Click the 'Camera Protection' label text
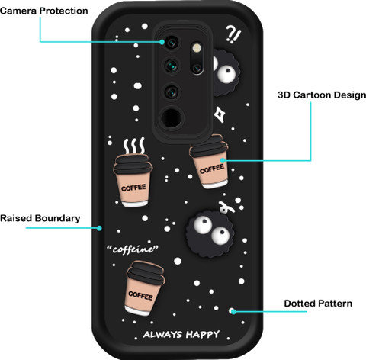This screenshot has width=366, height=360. tap(44, 11)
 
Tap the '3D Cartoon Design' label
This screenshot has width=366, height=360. tap(322, 95)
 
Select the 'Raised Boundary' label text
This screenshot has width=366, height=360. tap(40, 218)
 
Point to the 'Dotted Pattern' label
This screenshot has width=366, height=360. tap(318, 304)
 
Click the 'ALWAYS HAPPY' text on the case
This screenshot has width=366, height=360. tap(181, 335)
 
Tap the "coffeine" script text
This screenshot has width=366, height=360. tap(133, 249)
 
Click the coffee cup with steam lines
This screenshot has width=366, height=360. tap(133, 180)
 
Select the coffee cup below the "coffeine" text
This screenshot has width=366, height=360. tap(144, 288)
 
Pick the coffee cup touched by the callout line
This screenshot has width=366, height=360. tap(209, 162)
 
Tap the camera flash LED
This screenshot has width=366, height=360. tap(197, 48)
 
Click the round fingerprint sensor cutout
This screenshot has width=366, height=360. tap(172, 117)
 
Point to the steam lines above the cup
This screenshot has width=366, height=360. tap(134, 146)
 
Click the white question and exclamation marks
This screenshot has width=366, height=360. tap(233, 34)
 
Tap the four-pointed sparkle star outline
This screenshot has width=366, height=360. tap(220, 114)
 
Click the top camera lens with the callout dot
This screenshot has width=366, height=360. tap(172, 43)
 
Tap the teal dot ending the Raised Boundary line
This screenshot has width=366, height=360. tap(99, 228)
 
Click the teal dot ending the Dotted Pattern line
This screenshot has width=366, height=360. tap(233, 311)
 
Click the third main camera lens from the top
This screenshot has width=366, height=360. tap(172, 92)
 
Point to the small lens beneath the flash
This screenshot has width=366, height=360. tap(197, 68)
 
